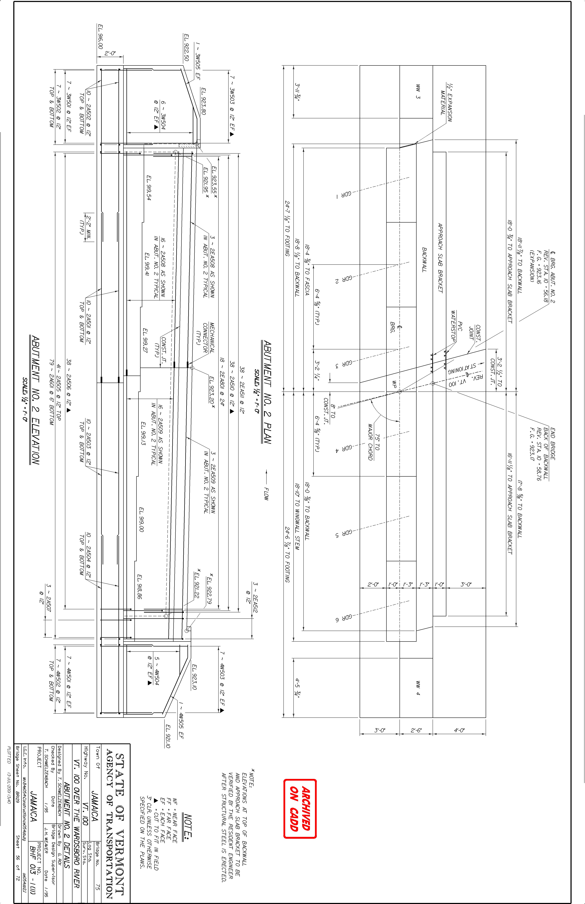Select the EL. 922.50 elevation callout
[x=186, y=47]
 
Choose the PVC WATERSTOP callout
[x=456, y=325]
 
